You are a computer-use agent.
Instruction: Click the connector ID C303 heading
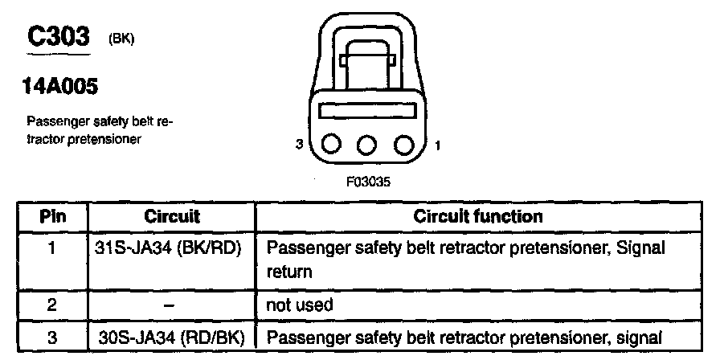click(x=59, y=37)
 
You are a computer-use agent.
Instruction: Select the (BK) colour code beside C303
click(x=121, y=39)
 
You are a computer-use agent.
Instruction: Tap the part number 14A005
click(x=60, y=86)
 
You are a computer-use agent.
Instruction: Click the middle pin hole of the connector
click(x=366, y=146)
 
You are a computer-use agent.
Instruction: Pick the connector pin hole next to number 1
click(x=403, y=146)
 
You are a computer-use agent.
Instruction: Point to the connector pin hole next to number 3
click(x=329, y=146)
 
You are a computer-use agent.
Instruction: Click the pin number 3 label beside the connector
click(x=300, y=145)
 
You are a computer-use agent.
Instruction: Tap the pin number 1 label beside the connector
click(x=437, y=145)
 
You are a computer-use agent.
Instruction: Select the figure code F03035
click(x=368, y=182)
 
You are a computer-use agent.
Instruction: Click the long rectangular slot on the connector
click(x=366, y=111)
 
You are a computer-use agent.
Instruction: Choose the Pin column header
click(x=53, y=216)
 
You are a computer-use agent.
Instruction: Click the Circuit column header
click(x=172, y=216)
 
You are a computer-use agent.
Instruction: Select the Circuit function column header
click(x=478, y=216)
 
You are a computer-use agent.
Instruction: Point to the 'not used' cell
click(x=300, y=305)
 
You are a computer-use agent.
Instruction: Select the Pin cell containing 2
click(x=52, y=305)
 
